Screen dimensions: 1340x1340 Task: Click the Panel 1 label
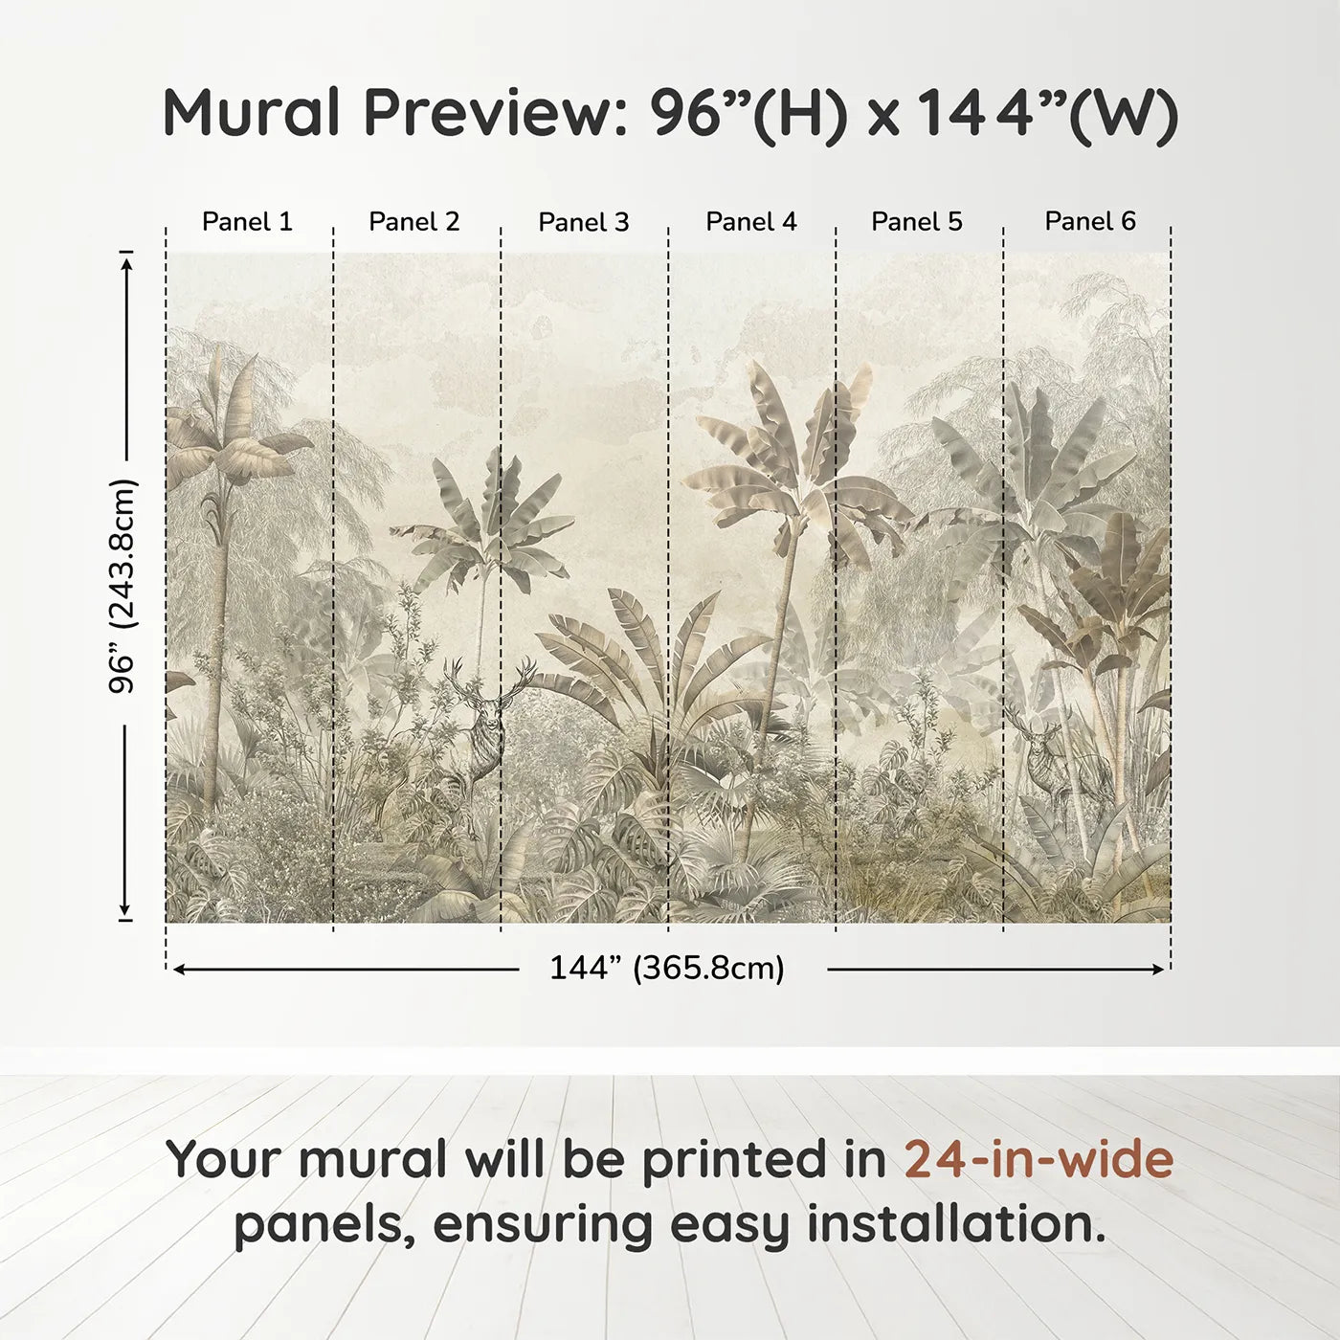(247, 222)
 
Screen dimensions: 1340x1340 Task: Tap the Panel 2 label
(414, 222)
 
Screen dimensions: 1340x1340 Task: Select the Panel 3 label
(584, 222)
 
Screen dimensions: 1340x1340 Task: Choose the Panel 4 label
(751, 222)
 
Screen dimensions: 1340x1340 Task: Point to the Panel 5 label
(917, 222)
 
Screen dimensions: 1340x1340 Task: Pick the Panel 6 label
(1090, 222)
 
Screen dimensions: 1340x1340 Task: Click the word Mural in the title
(251, 113)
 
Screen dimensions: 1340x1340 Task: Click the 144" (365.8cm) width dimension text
(667, 969)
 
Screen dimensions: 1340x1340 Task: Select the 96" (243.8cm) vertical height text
(123, 586)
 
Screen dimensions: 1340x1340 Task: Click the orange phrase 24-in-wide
(1038, 1159)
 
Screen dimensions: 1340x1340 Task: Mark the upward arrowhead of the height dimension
(125, 259)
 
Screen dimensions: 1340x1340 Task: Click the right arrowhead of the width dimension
(1159, 970)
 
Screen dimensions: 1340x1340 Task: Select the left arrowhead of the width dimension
(178, 970)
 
